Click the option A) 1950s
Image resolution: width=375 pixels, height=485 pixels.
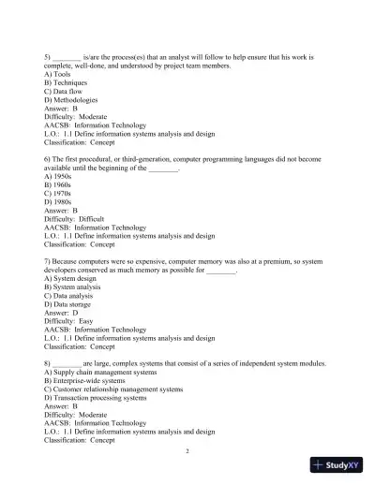61,176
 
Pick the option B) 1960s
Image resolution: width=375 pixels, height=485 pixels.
61,184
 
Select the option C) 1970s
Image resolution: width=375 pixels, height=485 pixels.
61,193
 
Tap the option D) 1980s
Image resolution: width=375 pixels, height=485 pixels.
61,201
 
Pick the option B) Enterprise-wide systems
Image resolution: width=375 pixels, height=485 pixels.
92,380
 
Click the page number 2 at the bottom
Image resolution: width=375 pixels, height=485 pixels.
187,450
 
